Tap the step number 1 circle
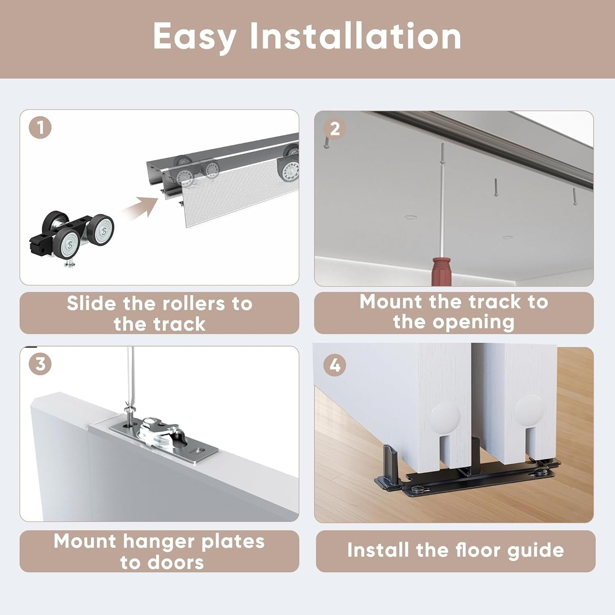coord(40,128)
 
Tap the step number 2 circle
coord(335,129)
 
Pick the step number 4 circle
coord(335,365)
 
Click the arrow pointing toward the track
coord(141,208)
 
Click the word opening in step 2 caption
coord(474,322)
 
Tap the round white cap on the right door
coord(530,408)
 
